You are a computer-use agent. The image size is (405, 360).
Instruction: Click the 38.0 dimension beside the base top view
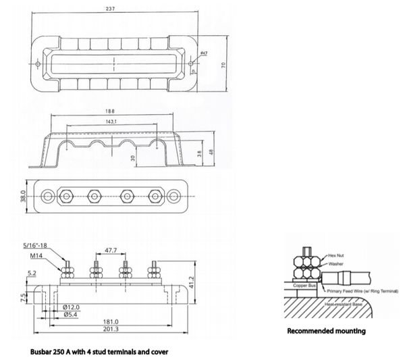coord(22,196)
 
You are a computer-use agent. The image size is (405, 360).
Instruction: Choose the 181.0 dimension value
coord(111,322)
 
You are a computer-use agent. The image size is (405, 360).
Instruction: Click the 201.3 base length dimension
coord(111,330)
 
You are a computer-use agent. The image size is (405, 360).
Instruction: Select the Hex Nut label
coord(335,257)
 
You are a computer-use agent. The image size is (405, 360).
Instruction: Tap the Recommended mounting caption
coord(326,331)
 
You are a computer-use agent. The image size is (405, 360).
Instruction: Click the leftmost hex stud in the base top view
coord(66,197)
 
